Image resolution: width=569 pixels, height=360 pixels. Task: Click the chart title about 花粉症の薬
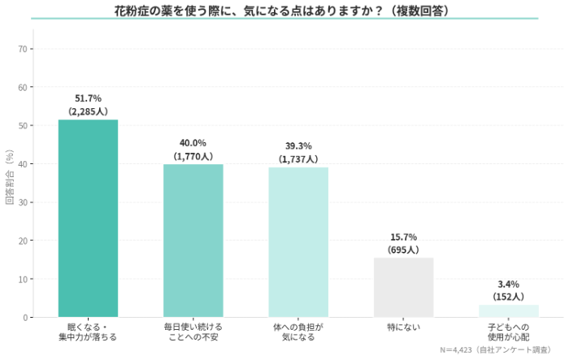pyautogui.click(x=284, y=11)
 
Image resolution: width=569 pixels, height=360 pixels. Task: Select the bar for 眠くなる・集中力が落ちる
pyautogui.click(x=88, y=218)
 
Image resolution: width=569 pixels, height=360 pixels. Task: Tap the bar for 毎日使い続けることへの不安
pyautogui.click(x=193, y=241)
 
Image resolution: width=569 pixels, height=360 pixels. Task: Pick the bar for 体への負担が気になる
pyautogui.click(x=298, y=242)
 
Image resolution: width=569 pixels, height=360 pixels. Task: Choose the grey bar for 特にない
pyautogui.click(x=404, y=287)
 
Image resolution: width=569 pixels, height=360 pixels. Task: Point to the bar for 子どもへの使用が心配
pyautogui.click(x=509, y=310)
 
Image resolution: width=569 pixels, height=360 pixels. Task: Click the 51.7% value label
pyautogui.click(x=88, y=98)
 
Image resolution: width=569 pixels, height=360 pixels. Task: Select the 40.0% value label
pyautogui.click(x=193, y=143)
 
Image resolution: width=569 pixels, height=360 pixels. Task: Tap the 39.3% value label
pyautogui.click(x=298, y=146)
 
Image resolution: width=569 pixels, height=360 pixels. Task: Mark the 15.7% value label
pyautogui.click(x=404, y=236)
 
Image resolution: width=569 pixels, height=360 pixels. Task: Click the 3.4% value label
pyautogui.click(x=509, y=284)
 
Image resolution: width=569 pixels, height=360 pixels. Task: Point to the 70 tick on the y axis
pyautogui.click(x=24, y=49)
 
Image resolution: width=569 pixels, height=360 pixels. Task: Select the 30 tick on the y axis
pyautogui.click(x=24, y=202)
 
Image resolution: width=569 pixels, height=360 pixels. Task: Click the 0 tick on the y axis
pyautogui.click(x=27, y=317)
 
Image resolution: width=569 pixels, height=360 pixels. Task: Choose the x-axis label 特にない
pyautogui.click(x=404, y=327)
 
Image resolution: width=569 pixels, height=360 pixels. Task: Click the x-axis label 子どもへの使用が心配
pyautogui.click(x=509, y=332)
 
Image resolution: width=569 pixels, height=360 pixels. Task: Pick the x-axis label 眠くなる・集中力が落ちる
pyautogui.click(x=88, y=332)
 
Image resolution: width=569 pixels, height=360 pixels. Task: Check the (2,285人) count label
pyautogui.click(x=88, y=111)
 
